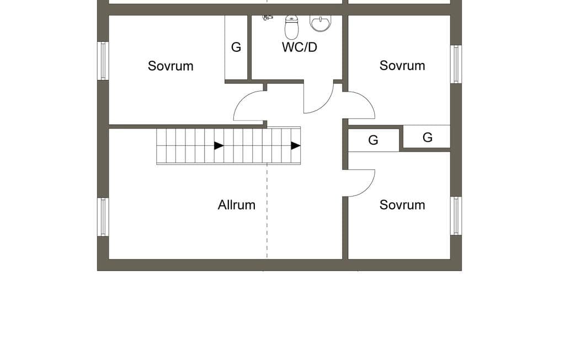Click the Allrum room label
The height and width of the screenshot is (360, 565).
point(236,205)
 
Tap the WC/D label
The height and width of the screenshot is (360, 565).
point(300,47)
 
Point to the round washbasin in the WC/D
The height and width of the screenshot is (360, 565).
point(319,23)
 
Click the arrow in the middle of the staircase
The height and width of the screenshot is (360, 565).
point(219,146)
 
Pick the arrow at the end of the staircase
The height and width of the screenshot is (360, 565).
point(296,146)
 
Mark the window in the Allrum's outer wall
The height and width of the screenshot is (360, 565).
point(103,217)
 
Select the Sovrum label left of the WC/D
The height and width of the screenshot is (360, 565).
point(170,66)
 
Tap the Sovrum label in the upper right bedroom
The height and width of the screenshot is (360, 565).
point(402,66)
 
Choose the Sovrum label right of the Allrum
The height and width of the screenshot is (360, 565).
point(402,205)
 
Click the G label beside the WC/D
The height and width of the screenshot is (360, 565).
point(236,47)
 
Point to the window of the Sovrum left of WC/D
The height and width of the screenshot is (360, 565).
point(103,61)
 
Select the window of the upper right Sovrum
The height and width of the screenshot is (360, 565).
point(456,64)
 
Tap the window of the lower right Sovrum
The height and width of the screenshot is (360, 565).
point(456,216)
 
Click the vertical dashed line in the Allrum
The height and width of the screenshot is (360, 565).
point(267,211)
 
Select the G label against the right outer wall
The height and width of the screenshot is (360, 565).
point(428,137)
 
